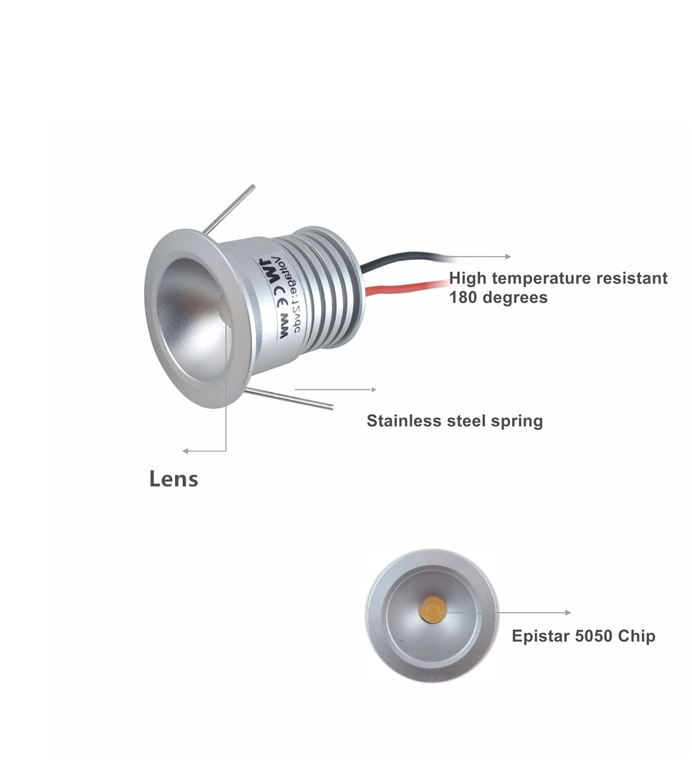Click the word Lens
[174, 479]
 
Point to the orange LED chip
[432, 608]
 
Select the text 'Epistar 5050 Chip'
[583, 636]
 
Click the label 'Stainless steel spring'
[454, 420]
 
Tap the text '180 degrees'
[498, 297]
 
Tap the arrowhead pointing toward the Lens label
[185, 451]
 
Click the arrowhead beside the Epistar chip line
[568, 613]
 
